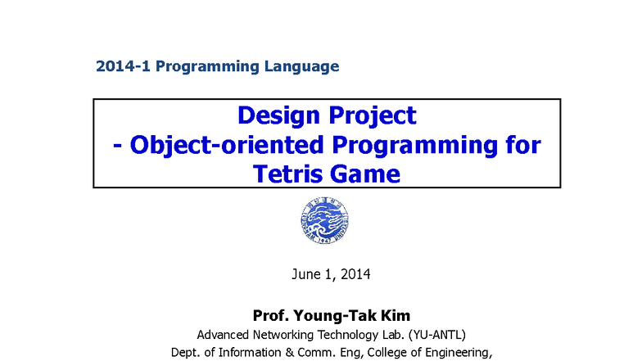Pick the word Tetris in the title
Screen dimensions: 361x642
(x=292, y=174)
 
